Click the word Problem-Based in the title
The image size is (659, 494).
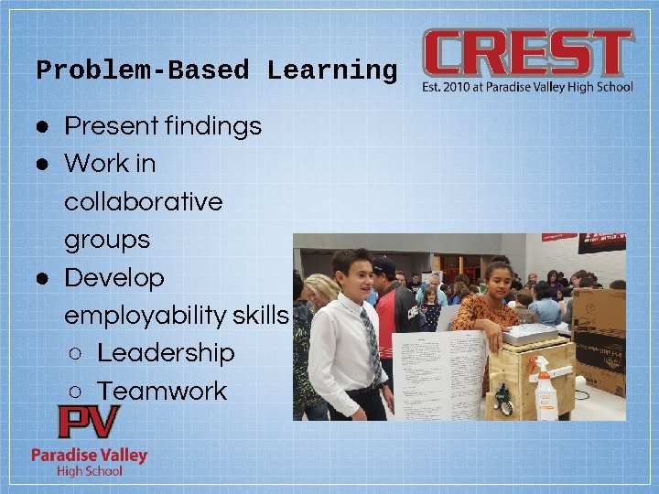coord(142,70)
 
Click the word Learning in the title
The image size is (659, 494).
coord(332,70)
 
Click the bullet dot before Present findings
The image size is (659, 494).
coord(42,125)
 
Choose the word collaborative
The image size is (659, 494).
coord(143,201)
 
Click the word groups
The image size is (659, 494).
coord(106,240)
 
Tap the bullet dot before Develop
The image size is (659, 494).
coord(42,277)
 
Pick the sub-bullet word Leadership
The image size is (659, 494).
coord(166,353)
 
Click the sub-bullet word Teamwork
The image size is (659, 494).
coord(162,391)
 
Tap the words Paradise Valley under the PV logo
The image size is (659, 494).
coord(89,455)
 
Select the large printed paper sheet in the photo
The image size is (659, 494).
coord(438,375)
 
